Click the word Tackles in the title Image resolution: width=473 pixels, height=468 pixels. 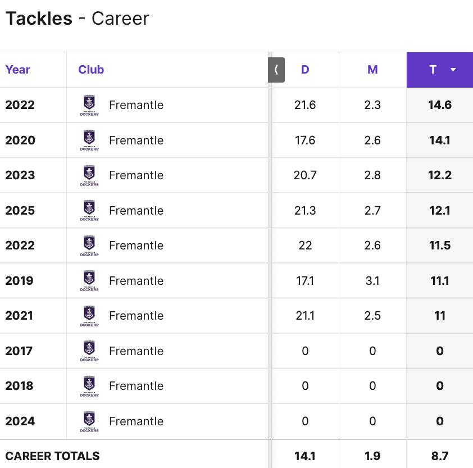coord(39,19)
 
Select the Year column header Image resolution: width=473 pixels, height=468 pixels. coord(17,70)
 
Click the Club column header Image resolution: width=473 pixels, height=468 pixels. coord(91,70)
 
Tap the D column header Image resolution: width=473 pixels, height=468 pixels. coord(305,70)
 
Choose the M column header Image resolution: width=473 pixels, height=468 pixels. coord(372,70)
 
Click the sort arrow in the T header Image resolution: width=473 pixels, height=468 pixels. coord(453,70)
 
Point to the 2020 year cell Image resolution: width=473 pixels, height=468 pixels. coord(20,140)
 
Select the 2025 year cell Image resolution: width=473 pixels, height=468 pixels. coord(20,211)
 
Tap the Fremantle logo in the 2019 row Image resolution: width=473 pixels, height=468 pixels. coord(89,281)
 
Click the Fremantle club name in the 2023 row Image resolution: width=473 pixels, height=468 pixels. coord(136,175)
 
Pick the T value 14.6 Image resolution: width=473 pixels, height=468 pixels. coord(440,105)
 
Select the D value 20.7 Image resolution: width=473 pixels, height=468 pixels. coord(305,175)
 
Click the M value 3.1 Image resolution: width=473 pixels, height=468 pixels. coord(372,281)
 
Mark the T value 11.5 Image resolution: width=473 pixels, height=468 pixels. coord(440,246)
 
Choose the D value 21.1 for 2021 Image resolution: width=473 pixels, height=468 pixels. coord(305,316)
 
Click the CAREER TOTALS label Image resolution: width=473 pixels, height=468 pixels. coord(52,456)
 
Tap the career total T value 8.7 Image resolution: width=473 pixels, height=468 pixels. coord(440,456)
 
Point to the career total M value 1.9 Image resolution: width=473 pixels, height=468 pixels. coord(372,456)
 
